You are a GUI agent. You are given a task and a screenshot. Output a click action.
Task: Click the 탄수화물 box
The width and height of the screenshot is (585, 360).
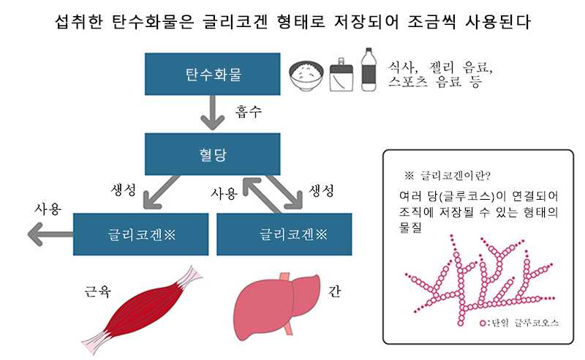click(x=212, y=73)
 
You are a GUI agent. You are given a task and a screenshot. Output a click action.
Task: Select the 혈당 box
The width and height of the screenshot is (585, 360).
click(x=212, y=154)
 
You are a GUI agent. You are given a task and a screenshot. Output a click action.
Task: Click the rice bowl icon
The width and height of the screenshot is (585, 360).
click(x=308, y=76)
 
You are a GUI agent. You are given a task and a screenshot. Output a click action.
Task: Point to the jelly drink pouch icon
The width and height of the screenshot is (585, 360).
click(x=341, y=74)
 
